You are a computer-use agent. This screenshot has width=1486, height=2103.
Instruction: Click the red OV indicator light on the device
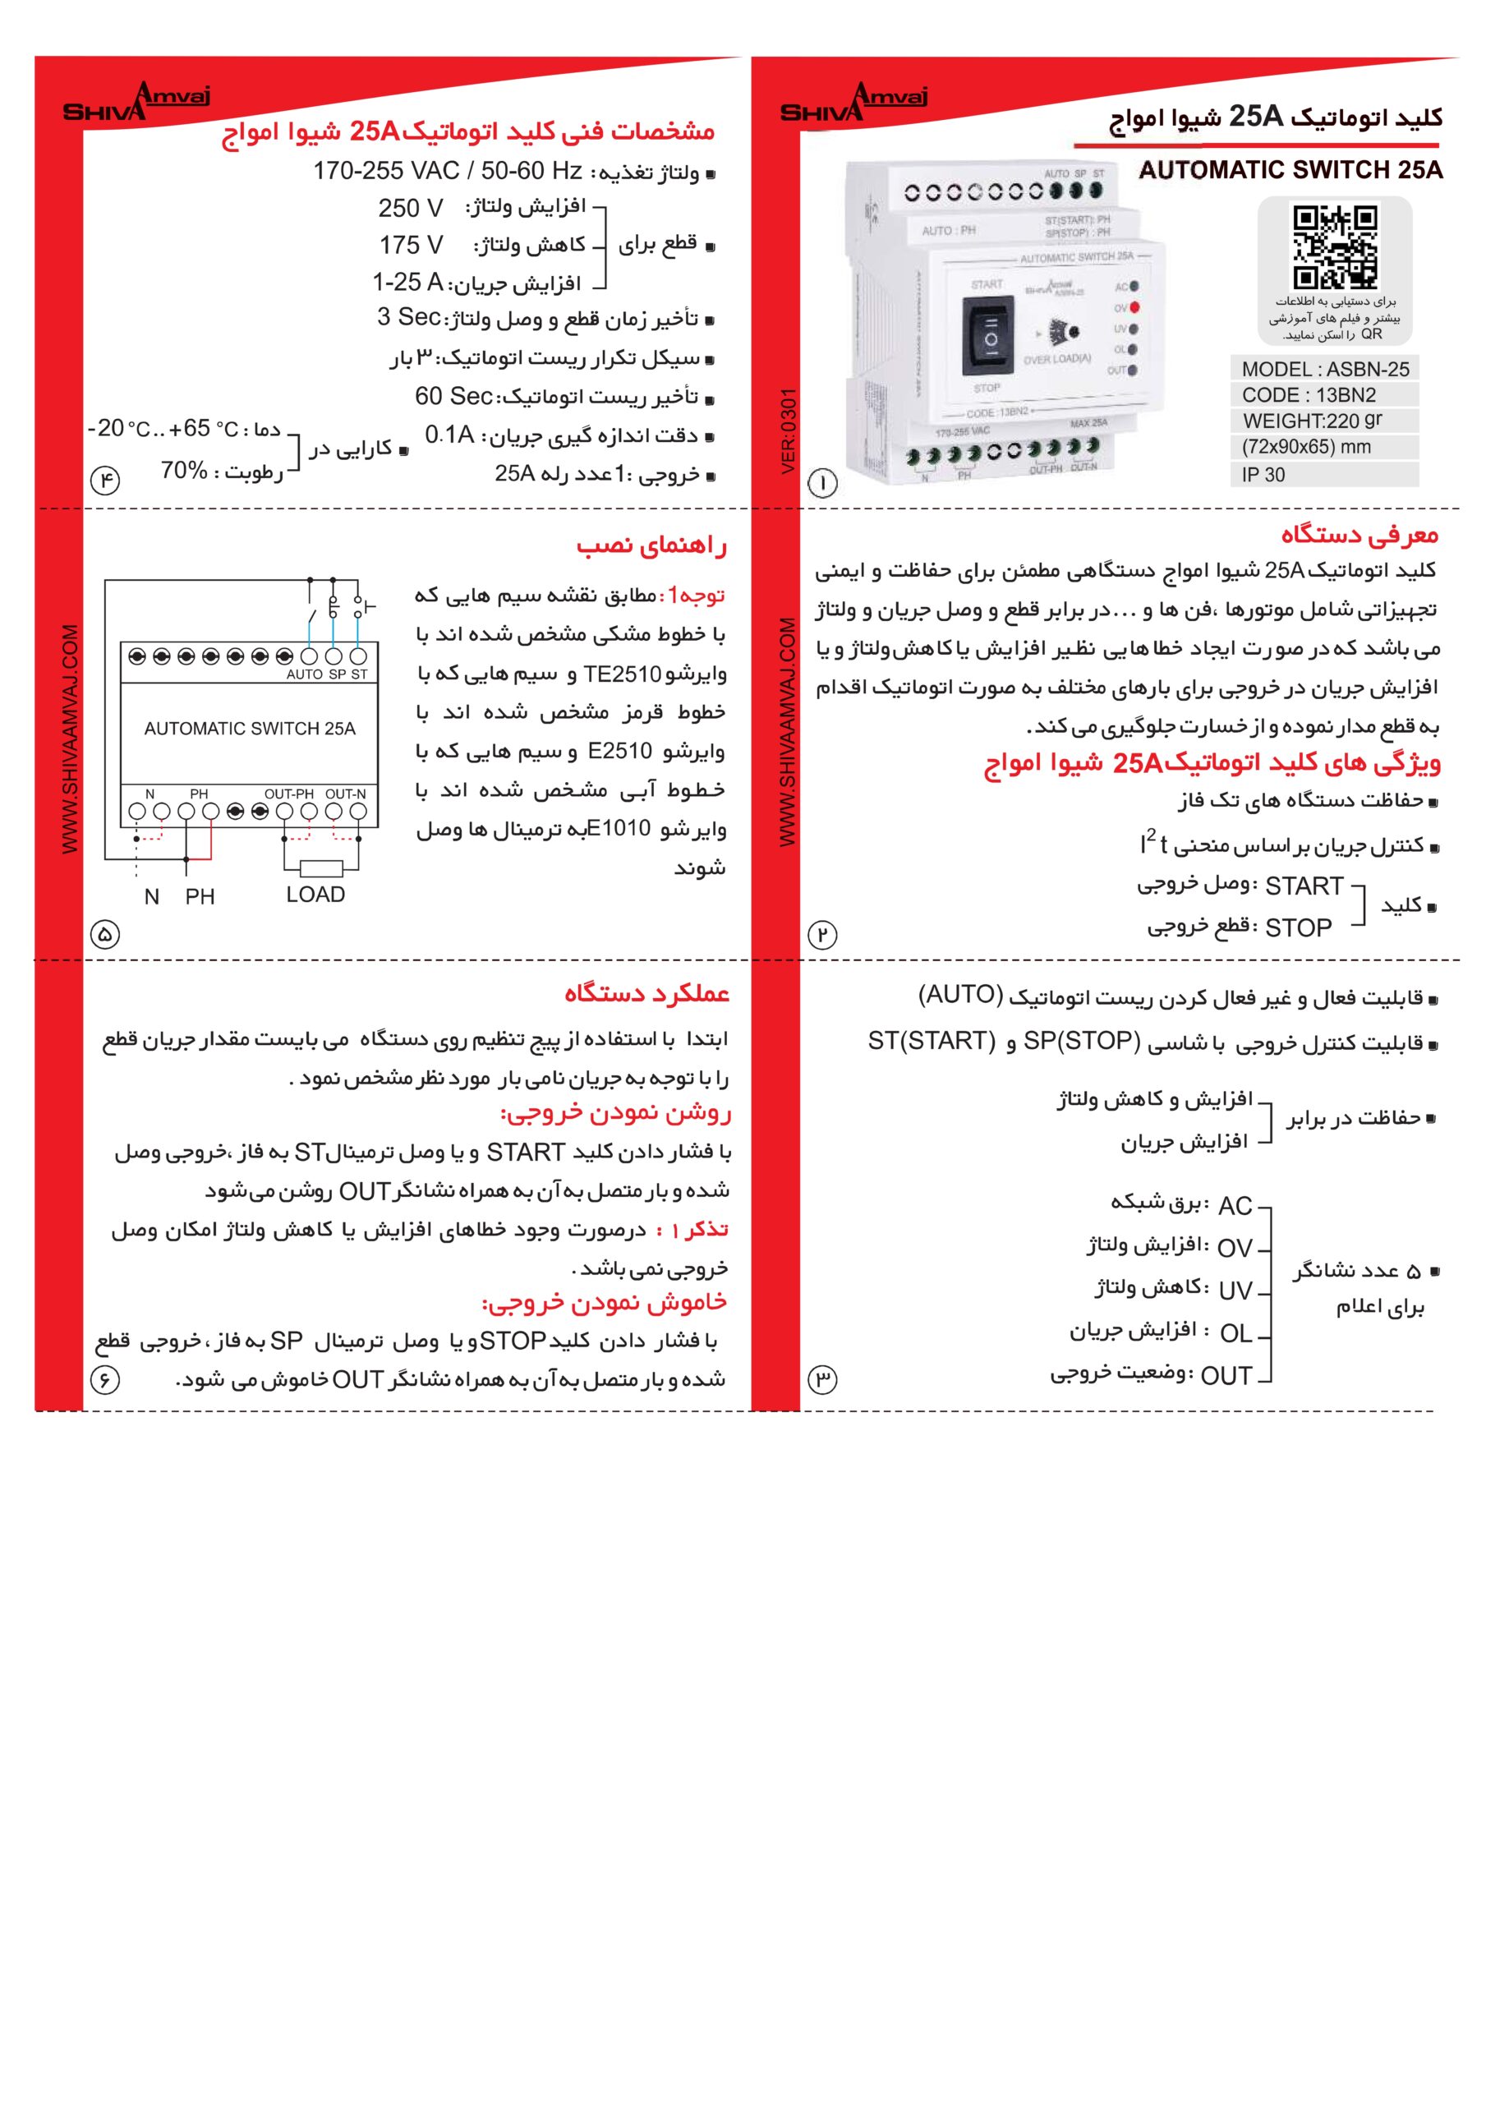tap(1135, 308)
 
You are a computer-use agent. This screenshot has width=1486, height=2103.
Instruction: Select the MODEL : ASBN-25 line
tap(1325, 369)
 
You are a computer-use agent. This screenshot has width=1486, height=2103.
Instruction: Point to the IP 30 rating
tap(1263, 475)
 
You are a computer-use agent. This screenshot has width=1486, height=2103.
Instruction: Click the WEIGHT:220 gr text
tap(1312, 421)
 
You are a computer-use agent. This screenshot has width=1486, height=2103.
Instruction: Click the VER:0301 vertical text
tap(789, 431)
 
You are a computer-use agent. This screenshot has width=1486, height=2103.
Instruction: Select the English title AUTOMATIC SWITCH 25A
tap(1290, 170)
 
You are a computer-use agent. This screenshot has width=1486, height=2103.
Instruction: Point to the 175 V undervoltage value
tap(411, 246)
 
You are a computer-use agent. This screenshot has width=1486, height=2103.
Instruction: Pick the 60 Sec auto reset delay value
tap(454, 396)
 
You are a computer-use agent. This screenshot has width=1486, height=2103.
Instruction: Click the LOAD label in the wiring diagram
tap(315, 895)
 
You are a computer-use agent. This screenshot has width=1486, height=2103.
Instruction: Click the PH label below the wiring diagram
tap(200, 897)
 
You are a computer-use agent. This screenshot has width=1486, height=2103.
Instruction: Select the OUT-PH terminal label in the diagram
tap(288, 794)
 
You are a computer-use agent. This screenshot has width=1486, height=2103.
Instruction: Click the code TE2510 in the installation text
tap(622, 674)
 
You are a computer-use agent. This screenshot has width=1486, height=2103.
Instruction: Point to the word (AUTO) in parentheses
tap(961, 995)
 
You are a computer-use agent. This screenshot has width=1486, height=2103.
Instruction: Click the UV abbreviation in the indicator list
tap(1235, 1291)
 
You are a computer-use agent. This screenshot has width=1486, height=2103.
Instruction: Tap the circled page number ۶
tap(104, 1379)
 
